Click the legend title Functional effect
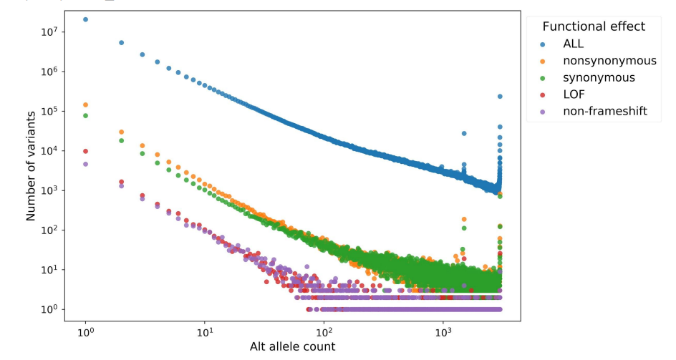(594, 26)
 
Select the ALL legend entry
(574, 44)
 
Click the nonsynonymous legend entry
(609, 61)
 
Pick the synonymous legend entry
(599, 77)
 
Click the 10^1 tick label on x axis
(205, 332)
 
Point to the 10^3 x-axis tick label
(444, 332)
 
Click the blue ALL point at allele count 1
(86, 19)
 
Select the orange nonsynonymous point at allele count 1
(86, 104)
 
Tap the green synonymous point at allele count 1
(86, 115)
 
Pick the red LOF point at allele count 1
(86, 151)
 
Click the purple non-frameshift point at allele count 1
(86, 164)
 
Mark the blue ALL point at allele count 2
(122, 43)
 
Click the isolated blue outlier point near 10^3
(464, 133)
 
